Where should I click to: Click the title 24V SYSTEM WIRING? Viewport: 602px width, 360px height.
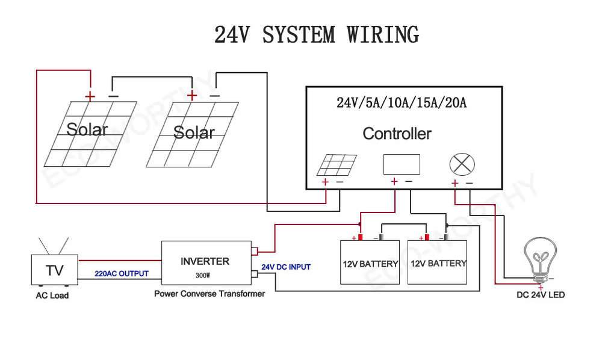tap(316, 35)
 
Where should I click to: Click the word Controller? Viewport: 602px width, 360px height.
tap(397, 134)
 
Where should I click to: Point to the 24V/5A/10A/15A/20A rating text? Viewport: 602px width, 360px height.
tap(402, 103)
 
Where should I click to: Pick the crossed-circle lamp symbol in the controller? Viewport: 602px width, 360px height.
tap(462, 164)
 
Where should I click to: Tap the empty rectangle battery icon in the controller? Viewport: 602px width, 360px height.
tap(402, 164)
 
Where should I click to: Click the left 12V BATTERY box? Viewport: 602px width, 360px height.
tap(370, 262)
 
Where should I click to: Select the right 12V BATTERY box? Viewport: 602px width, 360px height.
tap(438, 262)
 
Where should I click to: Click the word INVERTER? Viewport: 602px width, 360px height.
tap(205, 261)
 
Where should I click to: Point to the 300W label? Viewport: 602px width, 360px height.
tap(203, 275)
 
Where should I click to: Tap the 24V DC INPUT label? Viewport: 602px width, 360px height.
tap(286, 267)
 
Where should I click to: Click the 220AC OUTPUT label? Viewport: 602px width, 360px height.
tap(121, 273)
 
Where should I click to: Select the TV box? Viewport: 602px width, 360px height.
tap(54, 271)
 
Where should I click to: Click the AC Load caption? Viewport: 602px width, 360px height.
tap(52, 296)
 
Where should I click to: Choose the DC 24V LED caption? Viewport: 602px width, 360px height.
tap(541, 296)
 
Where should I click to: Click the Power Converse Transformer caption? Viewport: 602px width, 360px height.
tap(209, 294)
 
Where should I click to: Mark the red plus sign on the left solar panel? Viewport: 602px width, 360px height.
tap(90, 96)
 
